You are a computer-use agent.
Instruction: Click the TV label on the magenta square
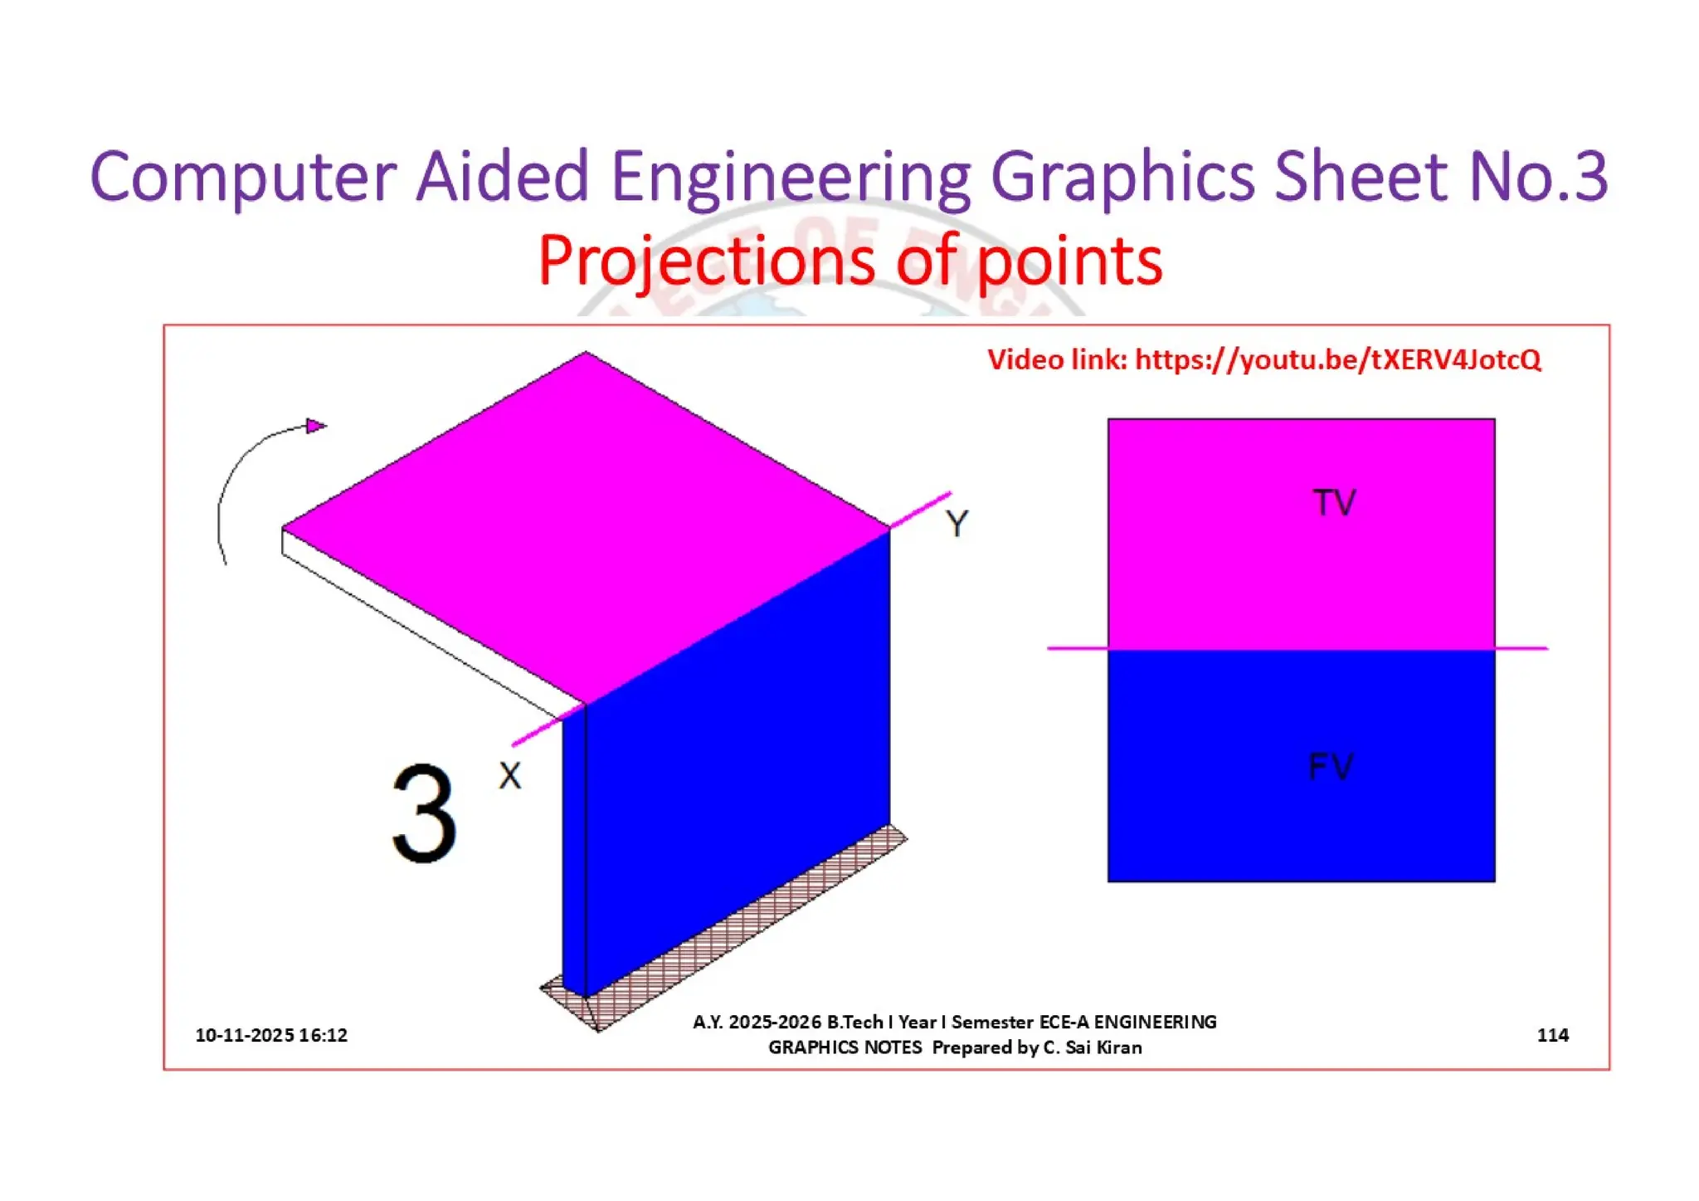click(x=1334, y=502)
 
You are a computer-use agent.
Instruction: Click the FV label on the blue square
click(x=1331, y=766)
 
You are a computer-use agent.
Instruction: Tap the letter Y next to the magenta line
click(x=957, y=524)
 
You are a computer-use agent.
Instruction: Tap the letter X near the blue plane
click(x=510, y=776)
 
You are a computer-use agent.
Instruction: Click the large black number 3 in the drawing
click(x=424, y=813)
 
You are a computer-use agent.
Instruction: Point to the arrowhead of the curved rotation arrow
click(x=315, y=426)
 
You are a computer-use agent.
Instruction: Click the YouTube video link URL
click(x=1337, y=359)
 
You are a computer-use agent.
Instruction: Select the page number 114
click(x=1552, y=1035)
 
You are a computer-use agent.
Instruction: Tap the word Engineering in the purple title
click(x=790, y=176)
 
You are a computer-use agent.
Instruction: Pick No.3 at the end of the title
click(x=1537, y=176)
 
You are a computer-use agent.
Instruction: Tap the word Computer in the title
click(x=243, y=176)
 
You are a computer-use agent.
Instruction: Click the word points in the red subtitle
click(x=1069, y=261)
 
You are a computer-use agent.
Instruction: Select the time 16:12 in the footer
click(x=324, y=1035)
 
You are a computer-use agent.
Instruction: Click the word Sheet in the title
click(x=1361, y=176)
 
